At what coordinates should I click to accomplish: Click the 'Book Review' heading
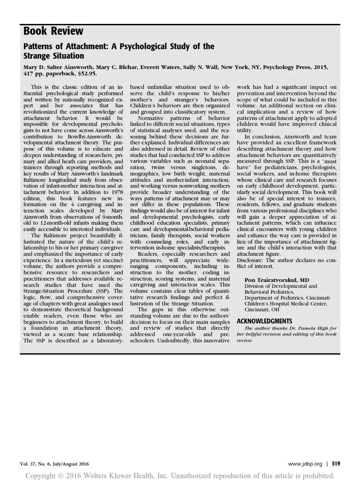click(53, 31)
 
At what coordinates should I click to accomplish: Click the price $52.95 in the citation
click(87, 74)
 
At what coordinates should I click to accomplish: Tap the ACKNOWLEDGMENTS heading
click(264, 321)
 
